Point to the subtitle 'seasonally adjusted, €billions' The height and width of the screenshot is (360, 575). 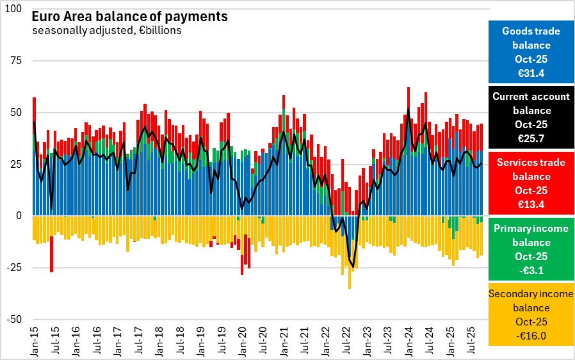[x=106, y=30]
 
